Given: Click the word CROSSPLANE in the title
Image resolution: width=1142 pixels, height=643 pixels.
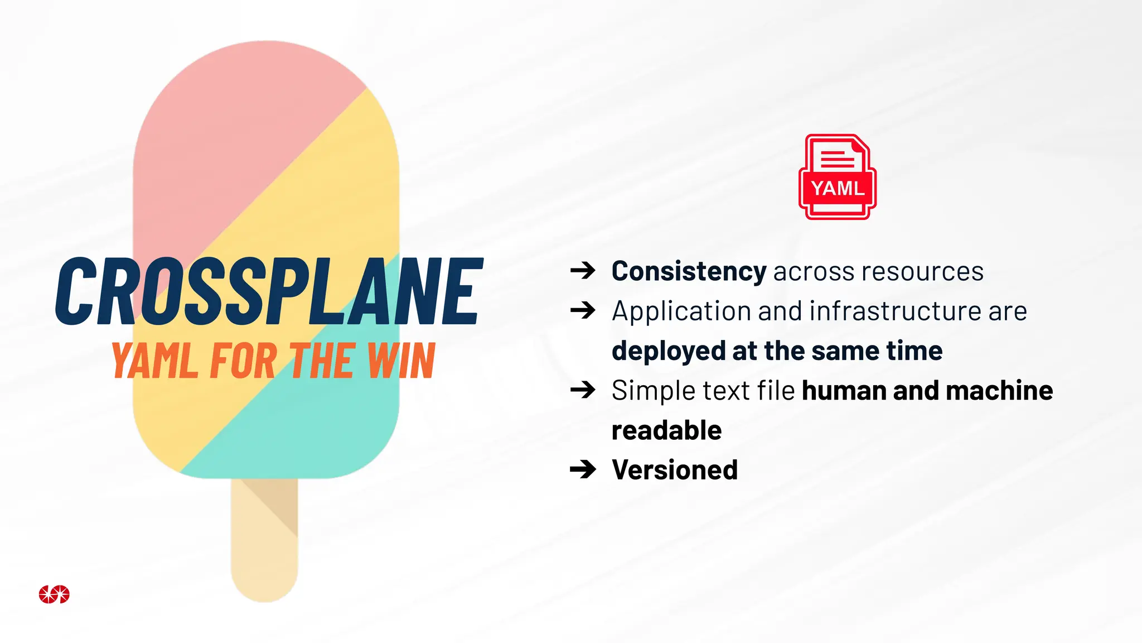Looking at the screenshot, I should (x=269, y=291).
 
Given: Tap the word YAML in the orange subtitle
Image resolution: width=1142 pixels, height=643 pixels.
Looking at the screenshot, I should (x=154, y=361).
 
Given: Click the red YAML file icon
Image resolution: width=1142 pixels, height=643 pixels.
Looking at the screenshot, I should (x=837, y=177).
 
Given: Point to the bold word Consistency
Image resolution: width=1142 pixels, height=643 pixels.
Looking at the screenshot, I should (x=689, y=272).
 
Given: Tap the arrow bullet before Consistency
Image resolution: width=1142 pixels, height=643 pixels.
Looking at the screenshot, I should (x=583, y=271).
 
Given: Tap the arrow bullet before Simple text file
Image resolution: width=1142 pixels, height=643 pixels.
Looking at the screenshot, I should (x=583, y=390).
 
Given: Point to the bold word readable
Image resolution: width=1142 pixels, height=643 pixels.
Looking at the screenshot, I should (x=666, y=431).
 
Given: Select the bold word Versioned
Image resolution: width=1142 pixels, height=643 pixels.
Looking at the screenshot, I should (x=675, y=470).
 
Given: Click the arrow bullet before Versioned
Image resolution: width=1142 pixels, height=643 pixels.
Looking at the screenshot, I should (x=583, y=469).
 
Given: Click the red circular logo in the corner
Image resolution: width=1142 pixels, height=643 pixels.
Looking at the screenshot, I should (x=54, y=594).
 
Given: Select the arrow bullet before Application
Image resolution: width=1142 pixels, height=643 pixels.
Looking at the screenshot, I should (x=583, y=310).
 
